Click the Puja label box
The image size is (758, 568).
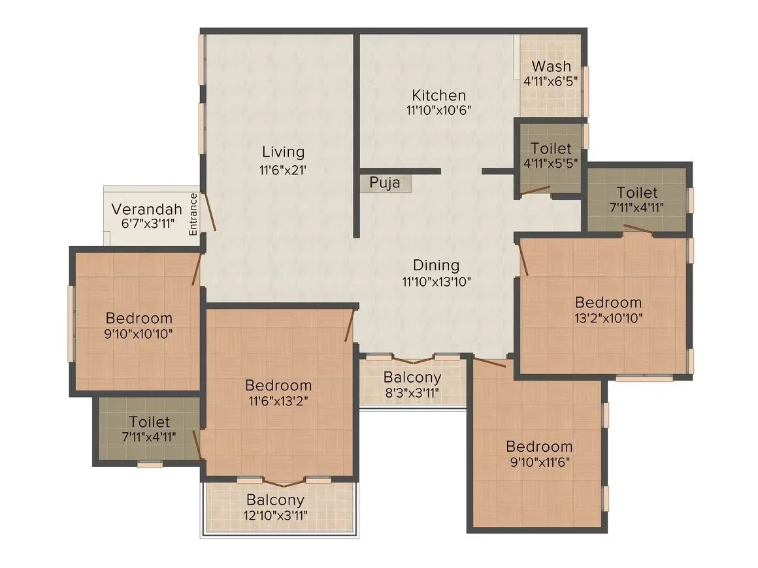click(x=386, y=183)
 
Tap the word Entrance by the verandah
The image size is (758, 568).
click(x=193, y=214)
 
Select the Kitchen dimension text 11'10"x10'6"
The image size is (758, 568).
click(x=438, y=110)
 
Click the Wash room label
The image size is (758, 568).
click(x=551, y=67)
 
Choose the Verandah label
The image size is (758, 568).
click(x=146, y=210)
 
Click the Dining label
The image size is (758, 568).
click(x=436, y=265)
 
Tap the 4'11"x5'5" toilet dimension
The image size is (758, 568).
click(x=551, y=163)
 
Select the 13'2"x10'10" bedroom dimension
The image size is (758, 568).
click(x=608, y=319)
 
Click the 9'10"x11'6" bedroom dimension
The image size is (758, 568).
click(x=539, y=463)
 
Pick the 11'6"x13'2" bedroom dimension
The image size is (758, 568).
click(x=278, y=401)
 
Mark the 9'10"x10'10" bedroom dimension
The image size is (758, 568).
click(x=139, y=334)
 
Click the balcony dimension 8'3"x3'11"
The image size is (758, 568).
click(x=412, y=392)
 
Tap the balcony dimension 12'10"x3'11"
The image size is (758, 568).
click(x=275, y=515)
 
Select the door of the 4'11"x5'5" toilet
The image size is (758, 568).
click(x=535, y=191)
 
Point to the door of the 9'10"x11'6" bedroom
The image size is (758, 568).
click(x=489, y=362)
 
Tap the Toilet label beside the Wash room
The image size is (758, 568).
click(x=551, y=149)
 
